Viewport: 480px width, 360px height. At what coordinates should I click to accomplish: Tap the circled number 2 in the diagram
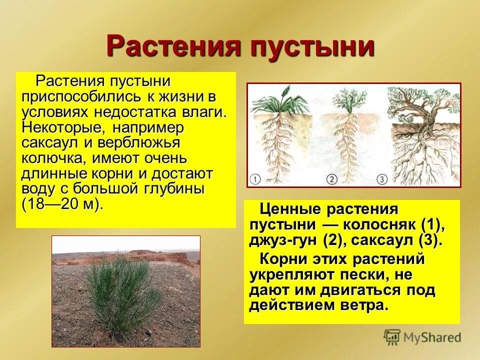tap(332, 178)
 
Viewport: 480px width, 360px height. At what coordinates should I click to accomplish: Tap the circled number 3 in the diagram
tap(381, 178)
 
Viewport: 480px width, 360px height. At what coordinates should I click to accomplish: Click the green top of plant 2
tap(345, 100)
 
